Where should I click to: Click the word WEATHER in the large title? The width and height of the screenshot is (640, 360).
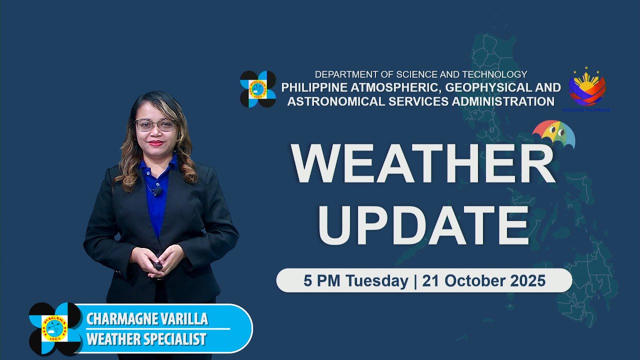[423, 164]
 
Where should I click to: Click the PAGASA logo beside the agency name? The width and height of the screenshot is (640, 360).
[258, 89]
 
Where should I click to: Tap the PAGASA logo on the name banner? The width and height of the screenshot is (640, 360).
[54, 328]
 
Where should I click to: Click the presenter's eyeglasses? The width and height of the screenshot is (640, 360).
[155, 125]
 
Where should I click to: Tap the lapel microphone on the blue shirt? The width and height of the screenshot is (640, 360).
[157, 192]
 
